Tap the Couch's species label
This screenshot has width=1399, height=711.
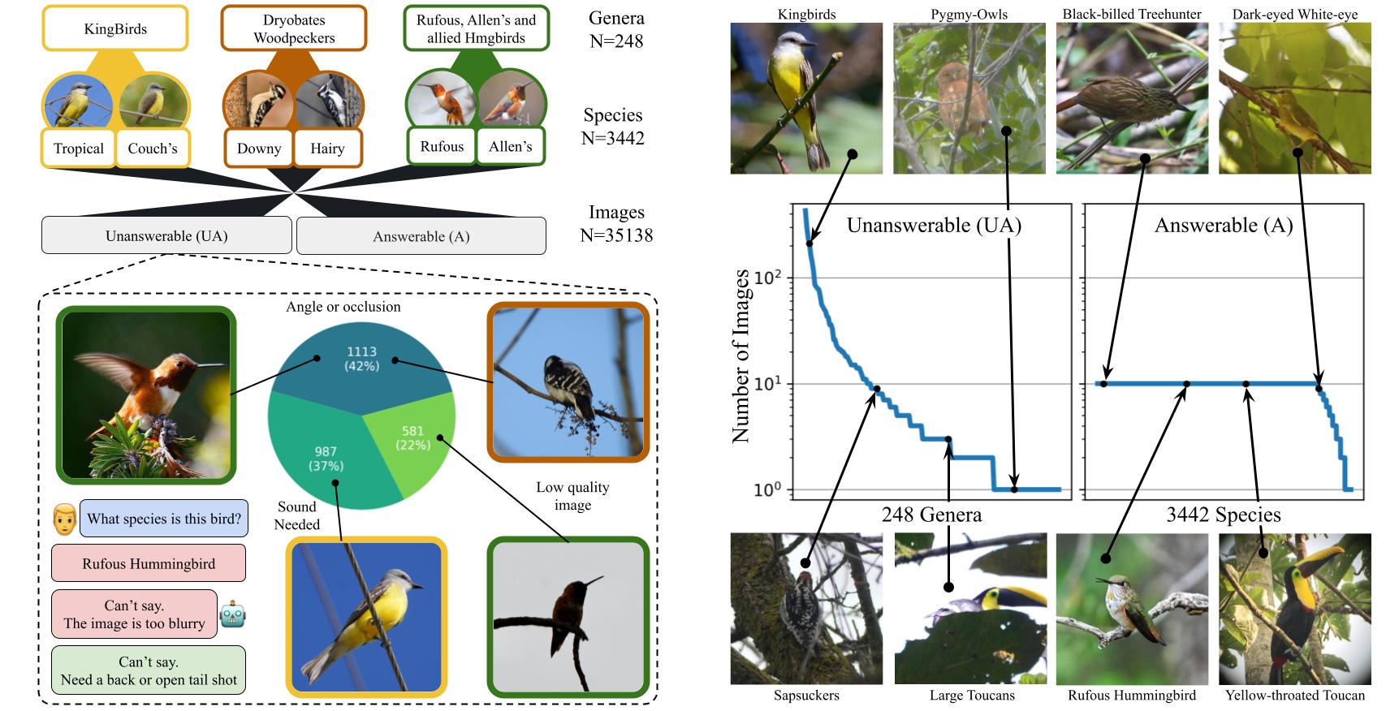coord(153,149)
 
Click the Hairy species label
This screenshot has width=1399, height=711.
coord(327,149)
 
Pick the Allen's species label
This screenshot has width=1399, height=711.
coord(511,147)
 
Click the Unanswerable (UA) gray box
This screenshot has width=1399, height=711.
coord(166,236)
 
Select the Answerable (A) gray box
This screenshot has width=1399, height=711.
coord(421,236)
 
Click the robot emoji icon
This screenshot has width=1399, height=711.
coord(232,614)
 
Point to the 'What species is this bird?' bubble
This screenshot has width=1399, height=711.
coord(164,519)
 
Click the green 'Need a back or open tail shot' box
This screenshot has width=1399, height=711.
coord(149,670)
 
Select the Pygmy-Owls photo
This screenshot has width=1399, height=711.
coord(969,98)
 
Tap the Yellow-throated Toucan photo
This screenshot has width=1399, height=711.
coord(1294,609)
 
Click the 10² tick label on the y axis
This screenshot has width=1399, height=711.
coord(766,278)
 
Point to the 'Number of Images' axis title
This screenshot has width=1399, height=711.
coord(741,357)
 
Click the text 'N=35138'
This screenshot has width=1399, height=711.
coord(616,235)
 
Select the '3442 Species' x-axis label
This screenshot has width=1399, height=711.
coord(1223,515)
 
